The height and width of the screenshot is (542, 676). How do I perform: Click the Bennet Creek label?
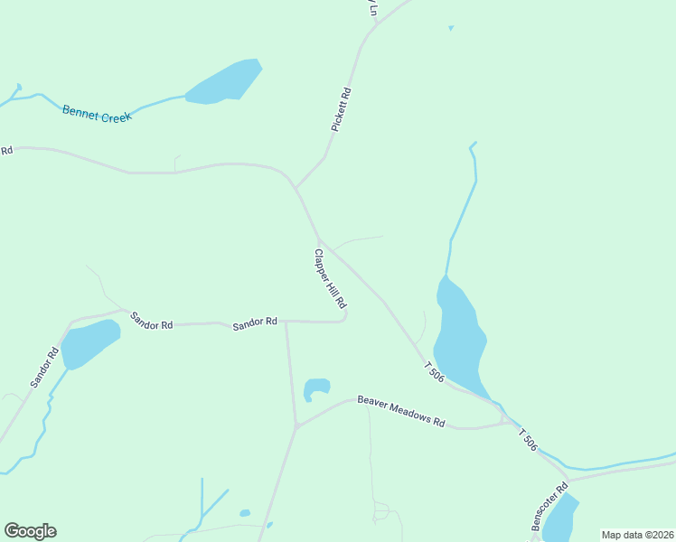tap(97, 113)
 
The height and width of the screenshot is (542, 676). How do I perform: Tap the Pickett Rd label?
tap(340, 109)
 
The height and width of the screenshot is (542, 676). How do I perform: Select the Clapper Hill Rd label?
tap(330, 281)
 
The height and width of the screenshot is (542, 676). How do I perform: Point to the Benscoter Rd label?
tap(548, 508)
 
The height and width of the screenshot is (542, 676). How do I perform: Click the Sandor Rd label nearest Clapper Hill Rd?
tap(254, 322)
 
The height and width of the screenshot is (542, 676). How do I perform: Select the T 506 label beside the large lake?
tap(434, 371)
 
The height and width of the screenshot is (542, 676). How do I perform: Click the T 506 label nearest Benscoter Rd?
tap(528, 440)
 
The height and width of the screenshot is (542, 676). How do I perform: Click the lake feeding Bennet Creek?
tap(224, 81)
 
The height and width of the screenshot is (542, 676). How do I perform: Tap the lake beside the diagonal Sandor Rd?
tap(89, 342)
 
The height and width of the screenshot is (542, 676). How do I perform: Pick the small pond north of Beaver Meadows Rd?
tap(316, 388)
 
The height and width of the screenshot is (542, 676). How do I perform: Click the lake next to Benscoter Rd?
tap(559, 519)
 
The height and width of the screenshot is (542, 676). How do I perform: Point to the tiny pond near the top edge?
tap(450, 28)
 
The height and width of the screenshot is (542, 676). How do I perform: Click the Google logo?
tap(30, 531)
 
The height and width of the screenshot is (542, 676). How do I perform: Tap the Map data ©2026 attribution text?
tap(637, 535)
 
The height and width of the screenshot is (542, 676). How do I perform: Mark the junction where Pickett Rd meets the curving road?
tap(295, 187)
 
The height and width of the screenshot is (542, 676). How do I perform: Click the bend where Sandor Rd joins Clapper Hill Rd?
tap(344, 318)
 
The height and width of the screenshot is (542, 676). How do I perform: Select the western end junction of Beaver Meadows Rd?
tap(296, 426)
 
